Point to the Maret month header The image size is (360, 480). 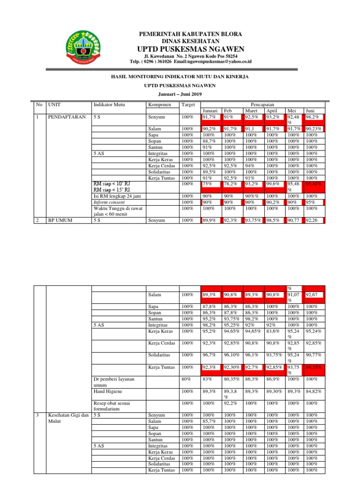click(x=251, y=111)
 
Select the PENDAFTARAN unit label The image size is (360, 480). click(x=67, y=117)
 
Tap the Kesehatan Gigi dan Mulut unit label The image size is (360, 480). click(x=68, y=418)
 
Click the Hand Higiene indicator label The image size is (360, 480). click(x=108, y=390)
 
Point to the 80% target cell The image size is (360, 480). click(x=187, y=378)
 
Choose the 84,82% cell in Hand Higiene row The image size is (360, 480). click(x=314, y=390)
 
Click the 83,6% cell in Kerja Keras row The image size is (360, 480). click(x=273, y=330)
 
